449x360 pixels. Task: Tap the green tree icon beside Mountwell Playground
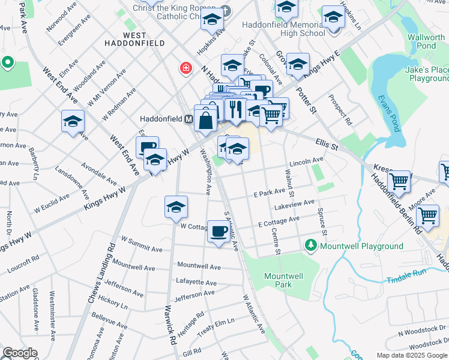tap(311, 245)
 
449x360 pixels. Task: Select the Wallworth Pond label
tap(426, 41)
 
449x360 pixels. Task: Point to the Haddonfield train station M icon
tap(188, 118)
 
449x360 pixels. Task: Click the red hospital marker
tap(186, 68)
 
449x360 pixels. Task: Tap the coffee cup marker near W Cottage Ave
tap(218, 230)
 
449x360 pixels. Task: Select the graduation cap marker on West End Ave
tap(73, 122)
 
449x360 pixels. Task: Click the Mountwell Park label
tap(283, 280)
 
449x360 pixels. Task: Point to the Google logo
tap(20, 353)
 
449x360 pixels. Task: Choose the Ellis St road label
tap(327, 145)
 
